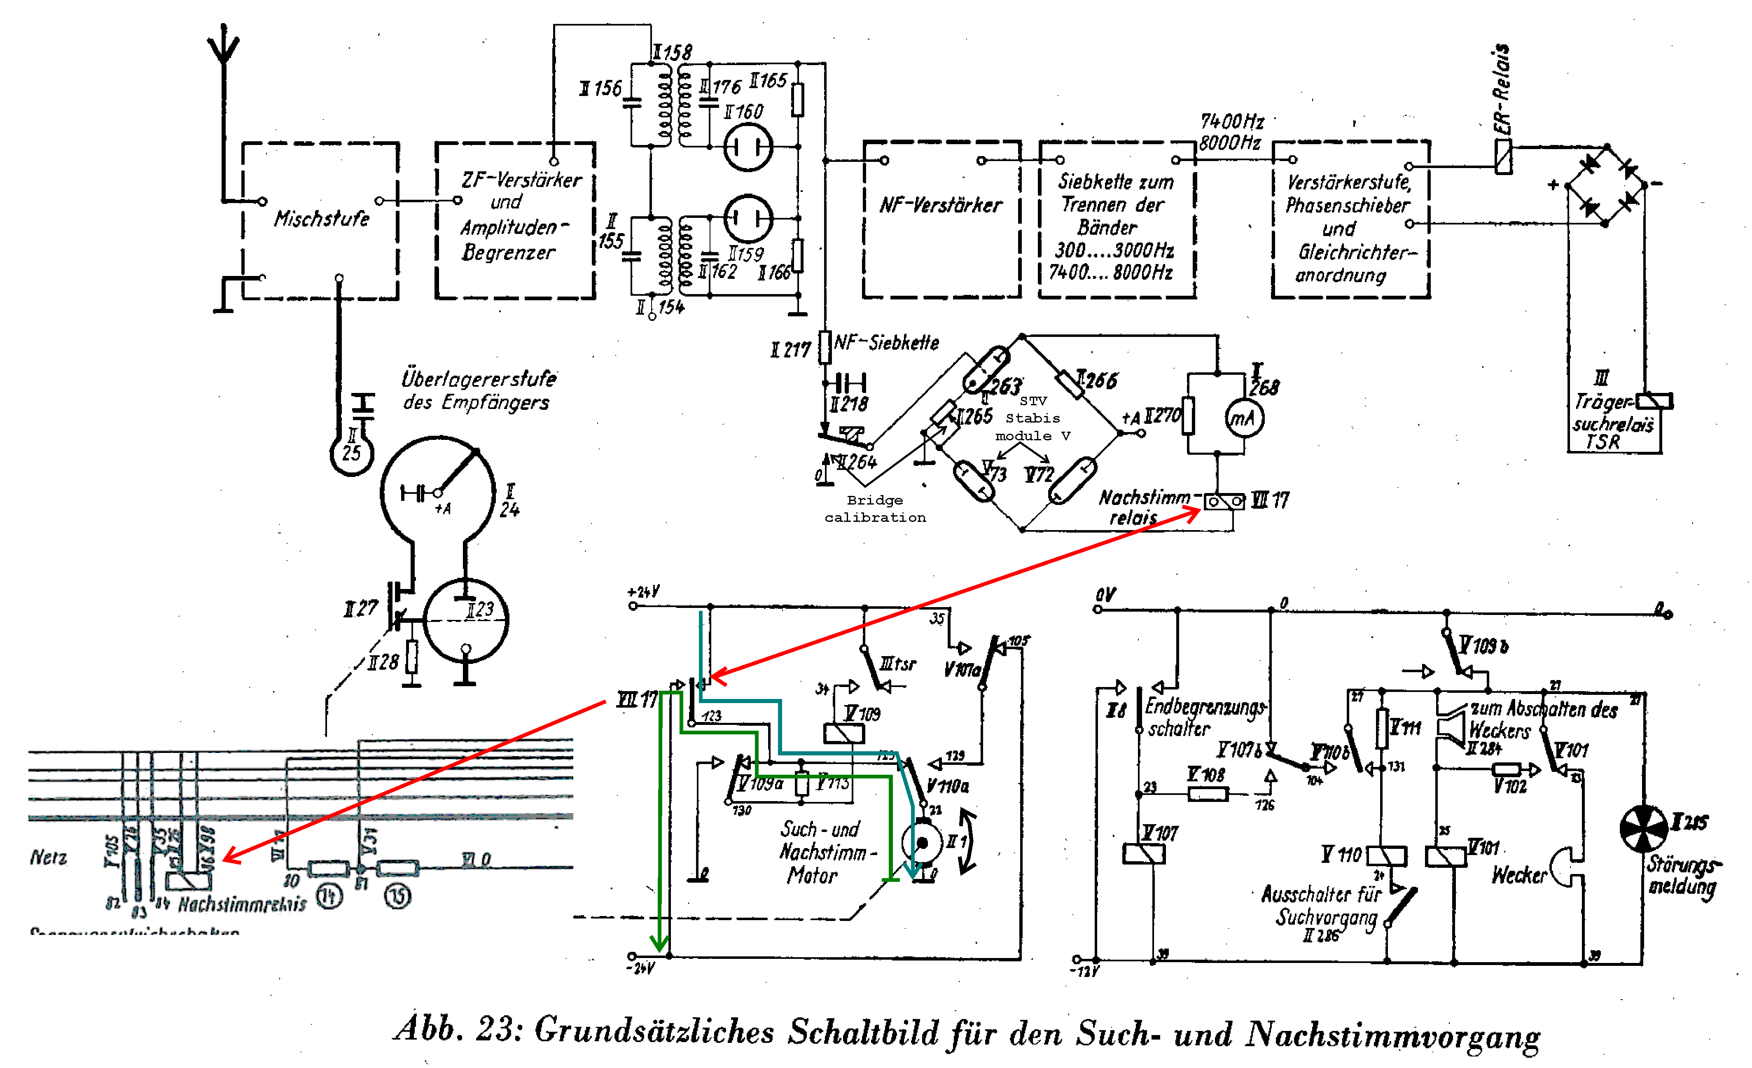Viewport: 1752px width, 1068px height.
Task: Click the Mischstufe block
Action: coord(321,219)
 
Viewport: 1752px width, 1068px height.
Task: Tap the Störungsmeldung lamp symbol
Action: coord(1643,828)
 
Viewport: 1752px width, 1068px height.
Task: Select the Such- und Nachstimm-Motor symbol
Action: coord(921,843)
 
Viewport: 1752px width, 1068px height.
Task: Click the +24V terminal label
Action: coord(643,591)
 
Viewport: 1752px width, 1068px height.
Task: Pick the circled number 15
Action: coord(397,896)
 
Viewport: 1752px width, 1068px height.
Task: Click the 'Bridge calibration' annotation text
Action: coord(875,508)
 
